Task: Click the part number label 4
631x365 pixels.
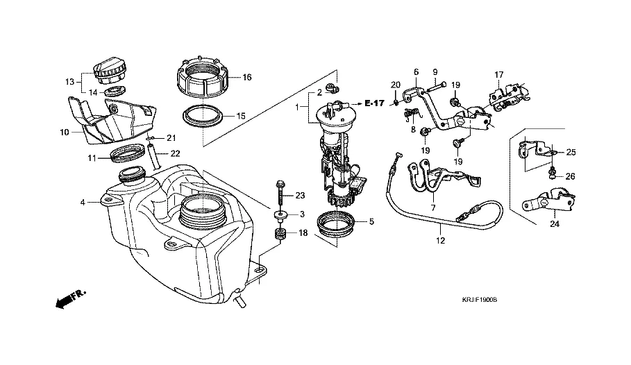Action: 83,203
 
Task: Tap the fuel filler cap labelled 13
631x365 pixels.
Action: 110,69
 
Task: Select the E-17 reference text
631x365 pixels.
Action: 373,103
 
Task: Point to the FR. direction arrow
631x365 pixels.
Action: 69,299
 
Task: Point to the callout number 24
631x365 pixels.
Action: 555,224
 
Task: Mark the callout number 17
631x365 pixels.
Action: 498,74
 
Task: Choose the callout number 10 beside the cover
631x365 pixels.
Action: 64,131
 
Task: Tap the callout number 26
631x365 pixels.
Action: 570,176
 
